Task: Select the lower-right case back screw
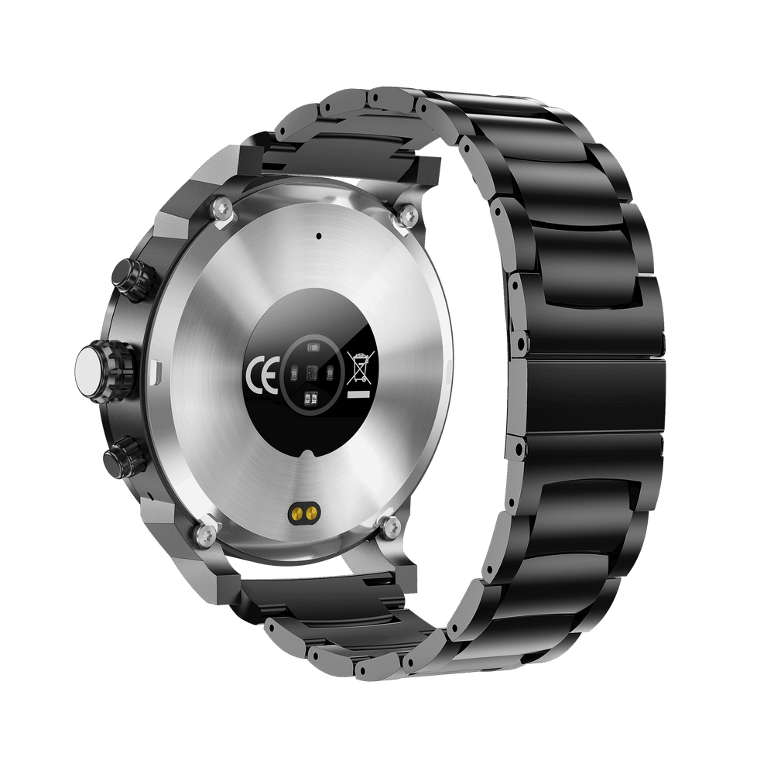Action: pos(388,526)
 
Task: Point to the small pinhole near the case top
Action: pos(319,235)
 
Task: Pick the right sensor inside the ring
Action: pos(329,375)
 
